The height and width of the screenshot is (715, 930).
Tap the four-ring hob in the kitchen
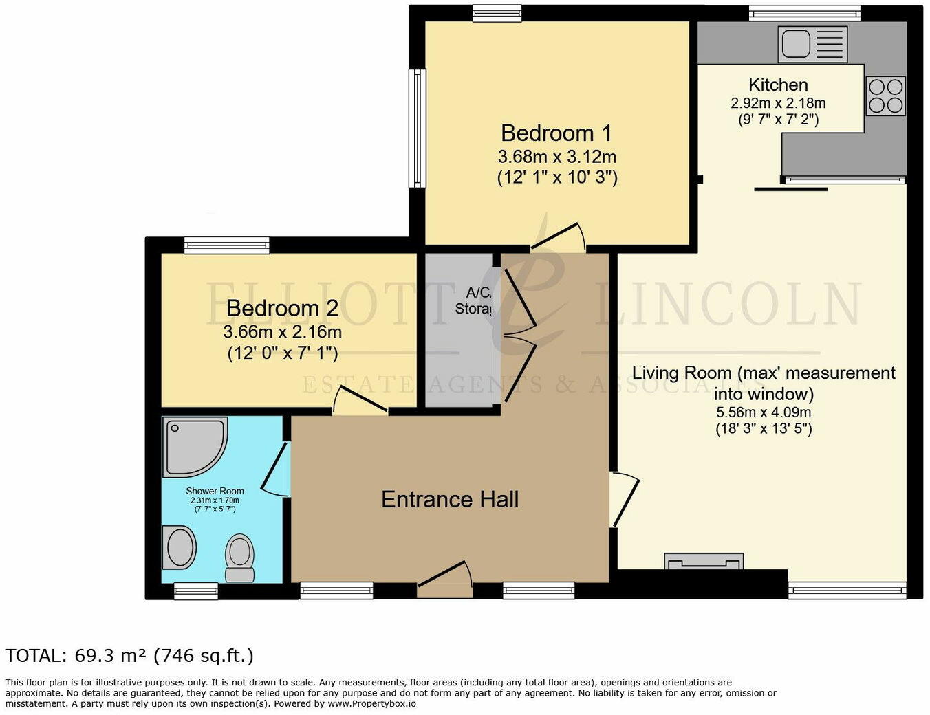coord(886,96)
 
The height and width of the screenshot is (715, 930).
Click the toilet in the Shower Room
coord(240,557)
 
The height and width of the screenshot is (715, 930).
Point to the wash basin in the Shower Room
coord(180,547)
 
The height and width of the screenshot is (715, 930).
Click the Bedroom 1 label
coord(556,133)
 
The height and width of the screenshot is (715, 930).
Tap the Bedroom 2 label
coord(282,308)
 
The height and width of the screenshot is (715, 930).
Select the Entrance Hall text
coord(449,499)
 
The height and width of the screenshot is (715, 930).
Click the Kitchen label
coord(778,85)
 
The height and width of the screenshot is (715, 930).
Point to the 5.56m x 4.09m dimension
coord(764,412)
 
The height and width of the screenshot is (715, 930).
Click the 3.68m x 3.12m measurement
coord(556,157)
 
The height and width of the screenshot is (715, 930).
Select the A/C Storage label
coord(473,300)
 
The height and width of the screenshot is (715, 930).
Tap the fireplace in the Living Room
coord(704,562)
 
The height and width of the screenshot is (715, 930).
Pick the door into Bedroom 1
coord(559,237)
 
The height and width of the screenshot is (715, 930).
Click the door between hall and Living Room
coord(624,498)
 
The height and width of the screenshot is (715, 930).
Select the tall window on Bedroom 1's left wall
coord(418,128)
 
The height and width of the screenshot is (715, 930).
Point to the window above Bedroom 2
coord(226,245)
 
